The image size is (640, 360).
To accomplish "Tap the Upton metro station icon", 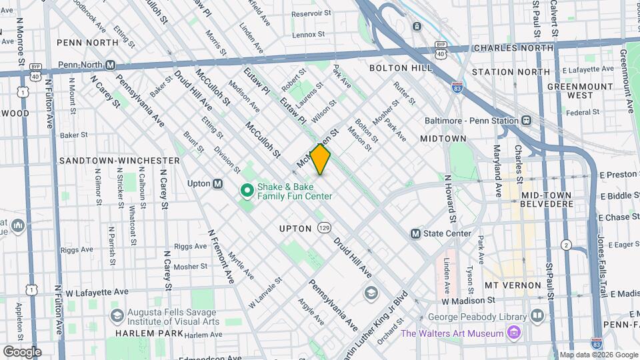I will [217, 184].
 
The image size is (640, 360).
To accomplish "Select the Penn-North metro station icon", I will [111, 65].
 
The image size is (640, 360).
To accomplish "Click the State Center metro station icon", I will [415, 234].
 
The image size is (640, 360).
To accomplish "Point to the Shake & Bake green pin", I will [247, 191].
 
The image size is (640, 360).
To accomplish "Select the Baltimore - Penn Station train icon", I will [527, 121].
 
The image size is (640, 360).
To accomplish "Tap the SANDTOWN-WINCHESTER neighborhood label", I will [119, 161].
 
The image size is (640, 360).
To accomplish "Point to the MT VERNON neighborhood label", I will [513, 285].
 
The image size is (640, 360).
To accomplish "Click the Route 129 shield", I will [323, 228].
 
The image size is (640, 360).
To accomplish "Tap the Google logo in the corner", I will [22, 351].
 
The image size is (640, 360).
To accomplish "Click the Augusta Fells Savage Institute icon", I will [117, 315].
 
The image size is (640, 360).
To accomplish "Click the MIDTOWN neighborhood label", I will [443, 138].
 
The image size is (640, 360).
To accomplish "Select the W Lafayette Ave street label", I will [92, 291].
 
